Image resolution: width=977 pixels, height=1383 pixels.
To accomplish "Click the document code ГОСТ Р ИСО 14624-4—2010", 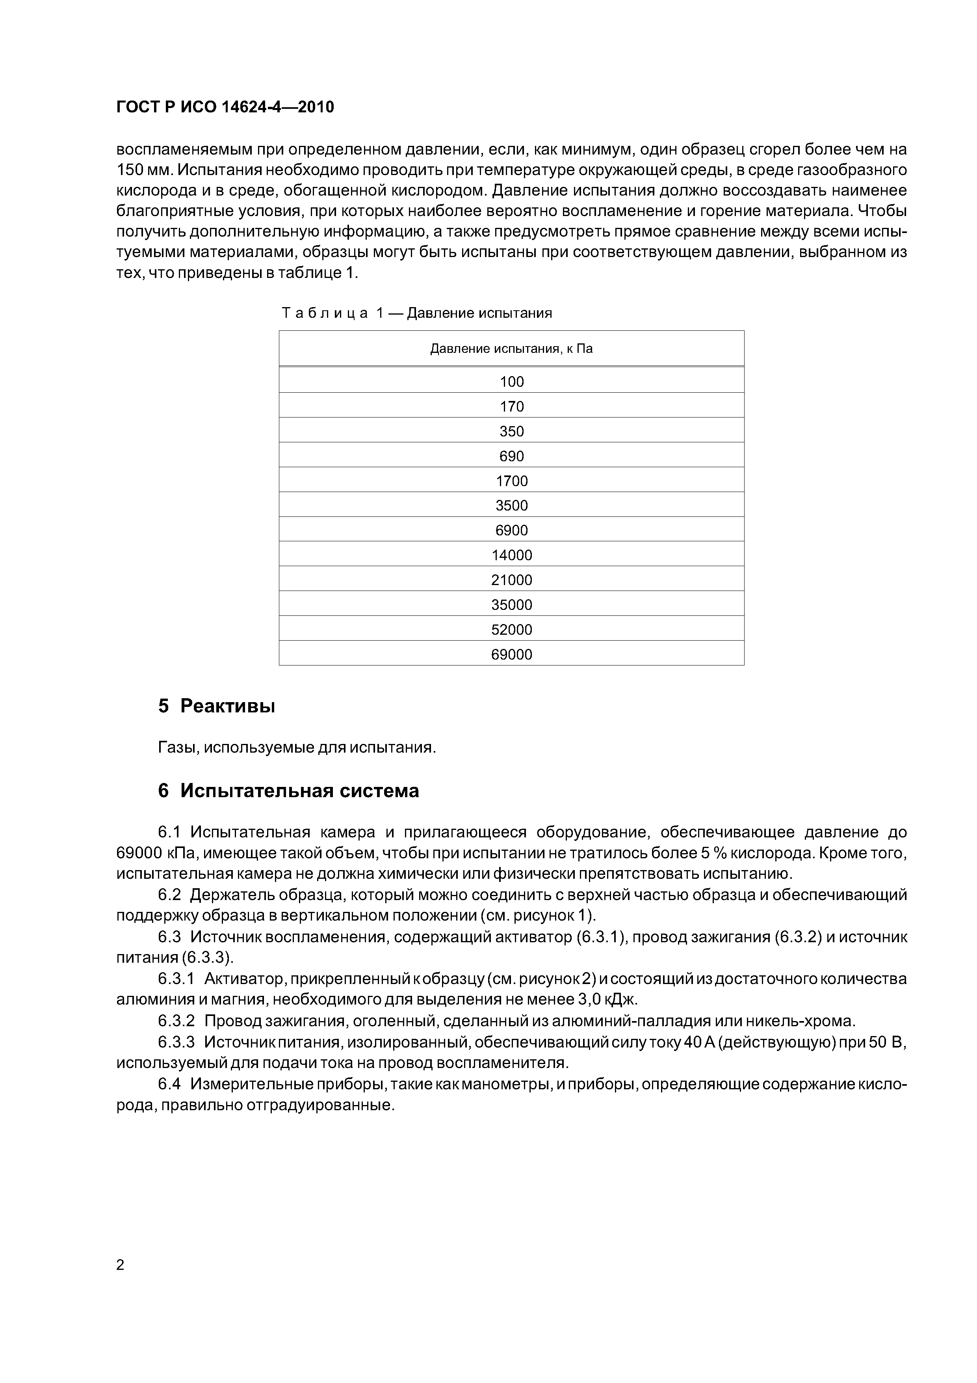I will tap(225, 107).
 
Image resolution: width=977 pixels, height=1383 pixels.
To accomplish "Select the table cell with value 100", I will tap(512, 381).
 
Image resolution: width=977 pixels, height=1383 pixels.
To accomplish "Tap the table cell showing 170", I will tap(512, 406).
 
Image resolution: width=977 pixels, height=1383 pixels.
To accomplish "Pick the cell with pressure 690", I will tap(512, 456).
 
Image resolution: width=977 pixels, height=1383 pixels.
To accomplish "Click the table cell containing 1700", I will tap(512, 481).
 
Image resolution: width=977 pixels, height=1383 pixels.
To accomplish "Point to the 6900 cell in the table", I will tap(512, 530).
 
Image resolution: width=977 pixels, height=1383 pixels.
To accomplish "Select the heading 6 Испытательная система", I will tap(288, 791).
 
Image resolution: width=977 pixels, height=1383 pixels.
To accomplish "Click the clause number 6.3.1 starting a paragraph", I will tap(176, 979).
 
